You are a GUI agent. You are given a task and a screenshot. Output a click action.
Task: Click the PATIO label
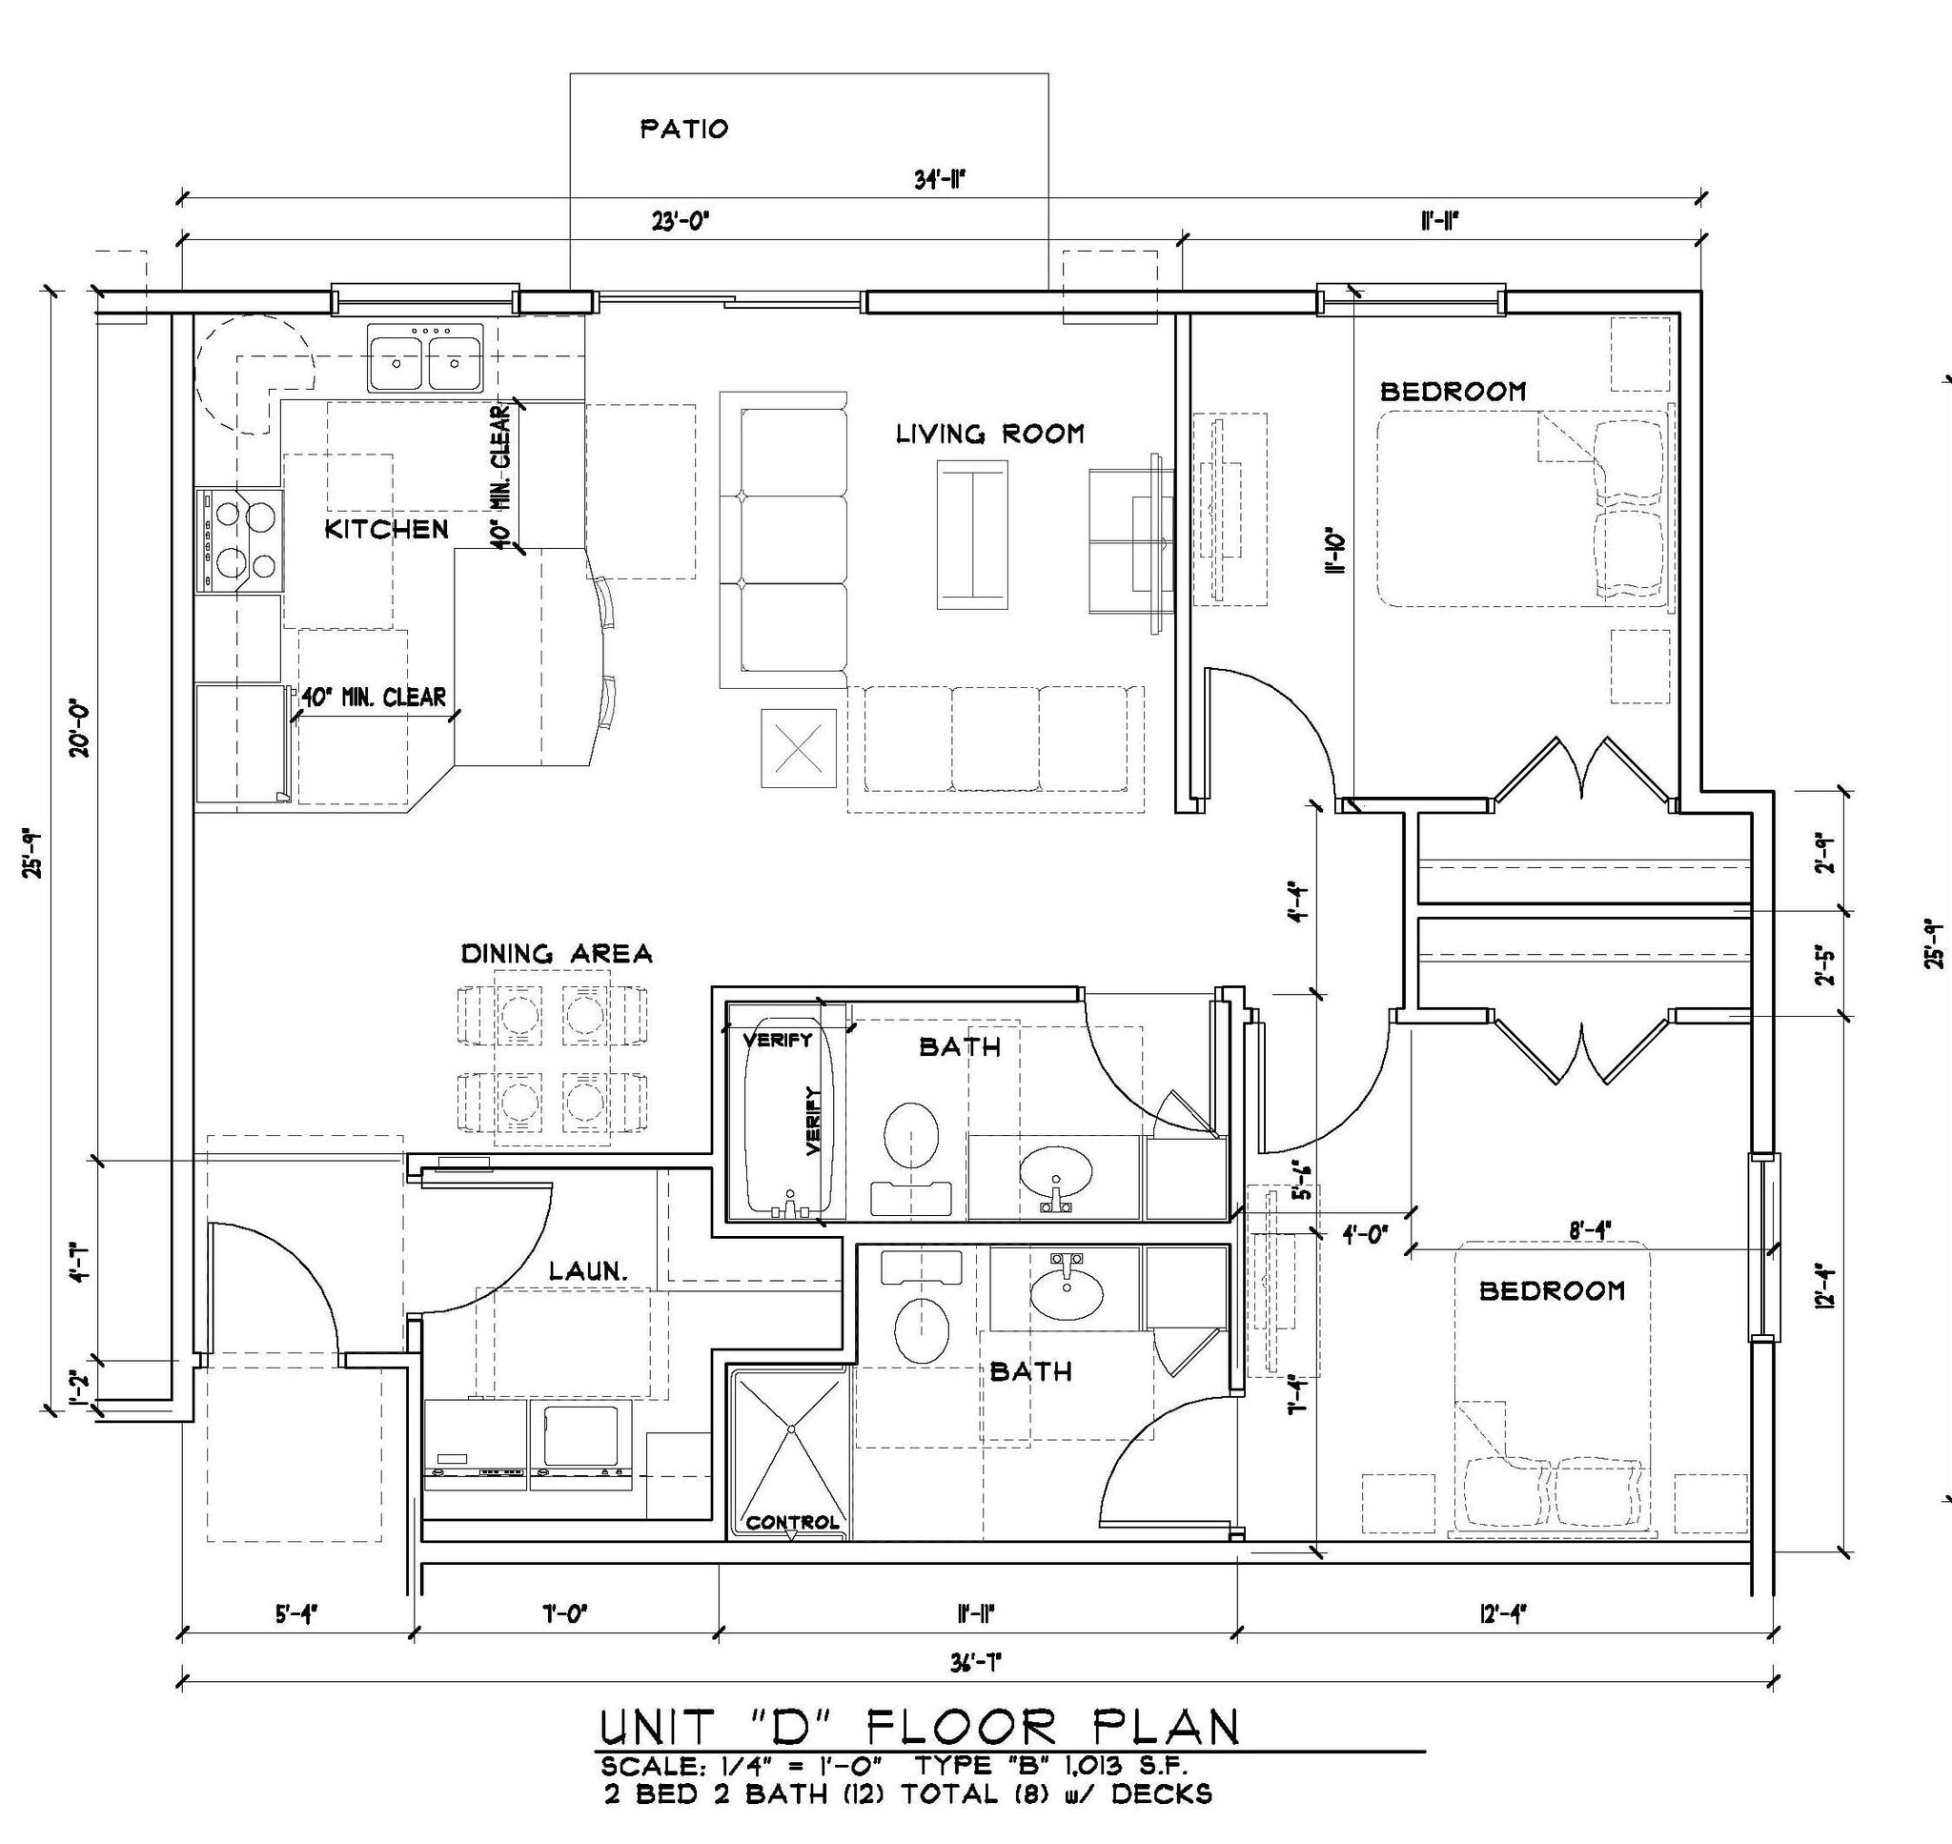coord(684,129)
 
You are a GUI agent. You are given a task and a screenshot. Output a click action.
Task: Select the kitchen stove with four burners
coord(241,539)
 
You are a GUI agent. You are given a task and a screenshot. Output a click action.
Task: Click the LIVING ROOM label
coord(988,434)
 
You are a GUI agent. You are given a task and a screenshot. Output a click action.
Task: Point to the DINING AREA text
coord(557,954)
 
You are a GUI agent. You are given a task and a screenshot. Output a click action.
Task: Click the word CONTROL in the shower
coord(792,1523)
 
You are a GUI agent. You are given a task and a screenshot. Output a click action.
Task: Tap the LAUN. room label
coord(588,1271)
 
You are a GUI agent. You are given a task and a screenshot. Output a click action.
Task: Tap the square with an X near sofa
coord(799,749)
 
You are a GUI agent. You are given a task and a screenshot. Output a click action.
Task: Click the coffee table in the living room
coord(972,535)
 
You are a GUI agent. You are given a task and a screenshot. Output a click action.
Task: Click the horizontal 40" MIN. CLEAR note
coord(374,697)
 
